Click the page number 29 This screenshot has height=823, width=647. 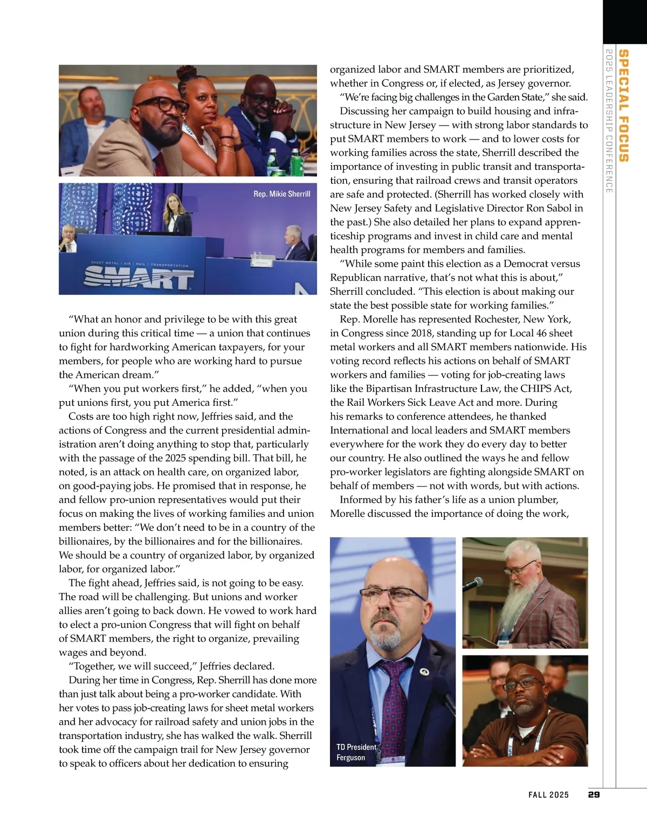click(x=594, y=794)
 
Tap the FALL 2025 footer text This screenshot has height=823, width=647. click(x=548, y=794)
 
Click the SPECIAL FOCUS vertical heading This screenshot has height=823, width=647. click(x=623, y=106)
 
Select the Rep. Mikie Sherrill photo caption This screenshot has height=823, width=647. click(x=282, y=194)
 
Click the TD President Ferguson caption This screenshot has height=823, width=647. click(x=356, y=752)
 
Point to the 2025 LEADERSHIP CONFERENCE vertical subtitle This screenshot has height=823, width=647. click(x=609, y=121)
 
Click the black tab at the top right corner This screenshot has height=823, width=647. click(x=624, y=22)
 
